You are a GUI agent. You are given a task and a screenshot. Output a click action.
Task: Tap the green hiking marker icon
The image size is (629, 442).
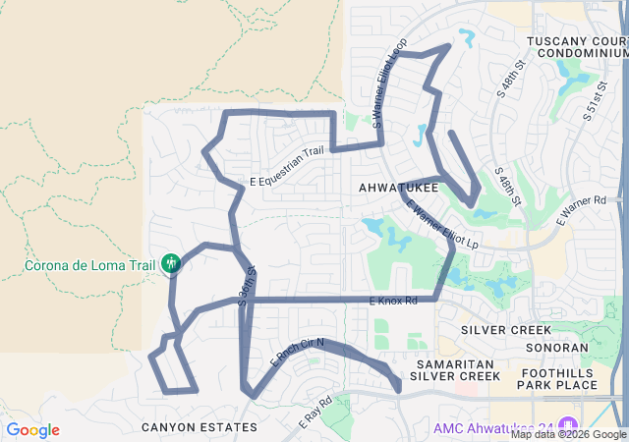tap(171, 263)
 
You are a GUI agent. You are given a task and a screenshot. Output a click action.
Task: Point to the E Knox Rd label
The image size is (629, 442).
tap(393, 301)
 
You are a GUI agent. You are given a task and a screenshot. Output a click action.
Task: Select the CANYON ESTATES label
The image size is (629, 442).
tap(199, 427)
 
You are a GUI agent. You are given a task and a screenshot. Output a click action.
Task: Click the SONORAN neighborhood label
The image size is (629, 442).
tap(557, 348)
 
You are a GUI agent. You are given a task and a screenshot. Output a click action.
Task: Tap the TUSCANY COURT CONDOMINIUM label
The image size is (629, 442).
tap(576, 47)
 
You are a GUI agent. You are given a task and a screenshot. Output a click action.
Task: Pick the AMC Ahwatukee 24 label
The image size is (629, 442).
tap(496, 427)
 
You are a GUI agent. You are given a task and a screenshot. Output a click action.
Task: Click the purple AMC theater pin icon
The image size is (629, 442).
tap(424, 427)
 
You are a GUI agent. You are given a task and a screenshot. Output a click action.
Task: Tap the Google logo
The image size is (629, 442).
tap(32, 430)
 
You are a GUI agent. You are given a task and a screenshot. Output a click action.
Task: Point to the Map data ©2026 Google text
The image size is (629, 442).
tap(567, 434)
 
